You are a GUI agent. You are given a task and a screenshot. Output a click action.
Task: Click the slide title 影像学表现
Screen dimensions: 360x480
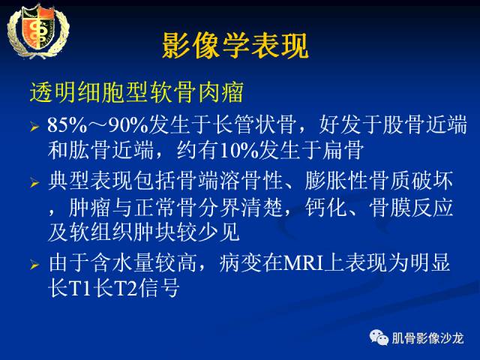(235, 46)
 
